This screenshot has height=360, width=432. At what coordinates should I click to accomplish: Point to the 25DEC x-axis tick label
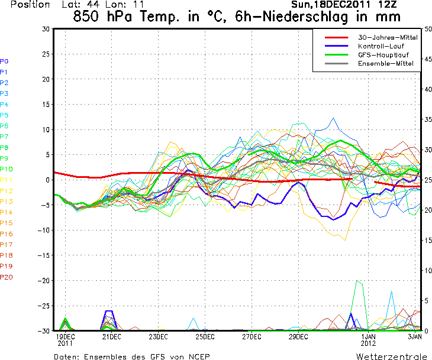click(x=205, y=336)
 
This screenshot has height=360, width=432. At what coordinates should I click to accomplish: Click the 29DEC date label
click(x=298, y=336)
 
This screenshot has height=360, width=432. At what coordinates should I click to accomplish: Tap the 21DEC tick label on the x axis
click(x=111, y=336)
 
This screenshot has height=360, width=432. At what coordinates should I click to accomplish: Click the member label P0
click(x=5, y=61)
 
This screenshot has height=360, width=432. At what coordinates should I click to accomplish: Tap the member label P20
click(x=7, y=277)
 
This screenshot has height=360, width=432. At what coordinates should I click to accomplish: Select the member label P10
click(x=7, y=169)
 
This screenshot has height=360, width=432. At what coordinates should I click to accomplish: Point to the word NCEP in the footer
click(x=198, y=356)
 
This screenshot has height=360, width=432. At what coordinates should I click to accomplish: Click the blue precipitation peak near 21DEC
click(x=108, y=311)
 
